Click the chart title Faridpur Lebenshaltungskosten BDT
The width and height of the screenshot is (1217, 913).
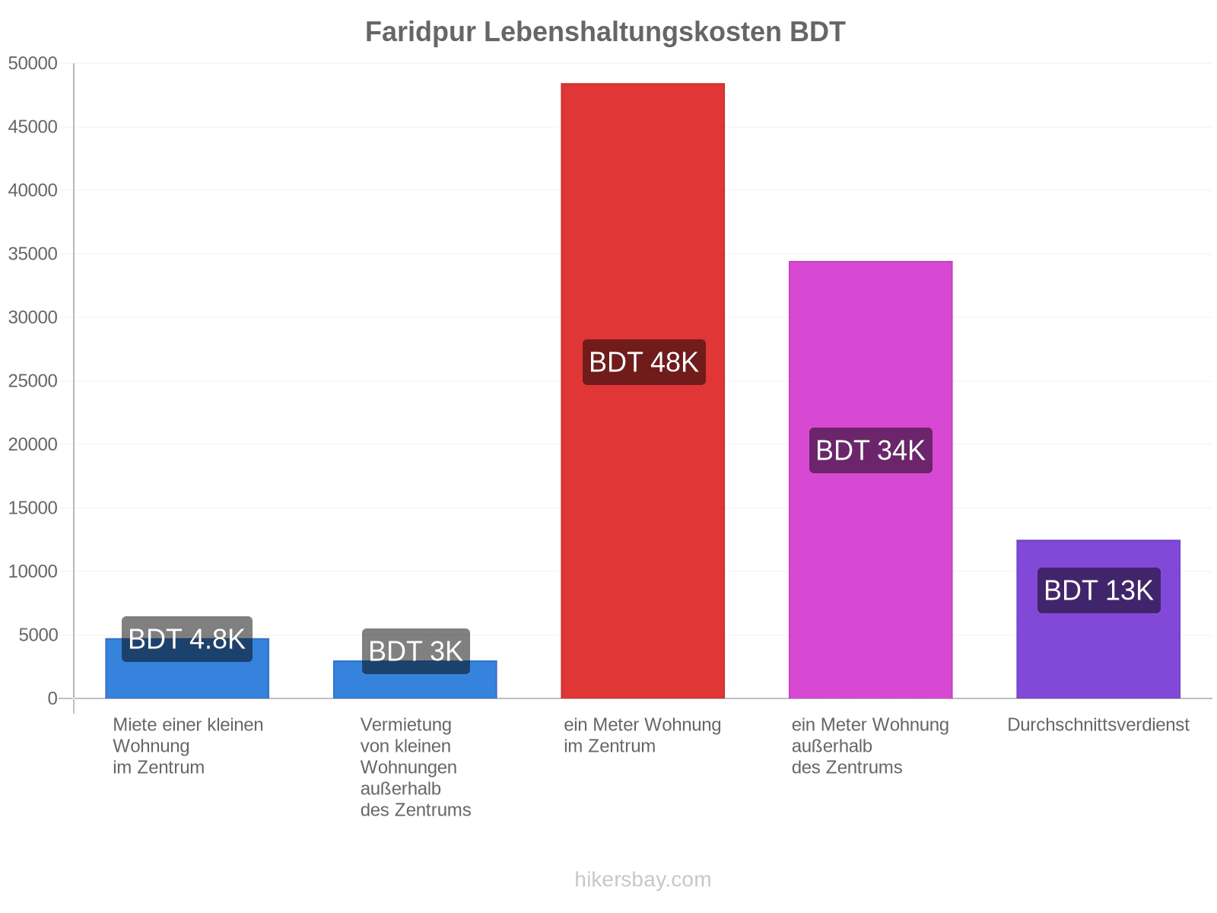click(x=605, y=32)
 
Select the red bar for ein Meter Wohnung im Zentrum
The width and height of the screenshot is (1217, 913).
click(x=643, y=390)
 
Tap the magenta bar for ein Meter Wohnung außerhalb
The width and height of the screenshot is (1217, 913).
click(x=870, y=479)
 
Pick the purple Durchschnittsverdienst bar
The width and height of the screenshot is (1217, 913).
click(x=1098, y=619)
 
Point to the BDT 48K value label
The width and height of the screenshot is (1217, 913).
click(x=643, y=362)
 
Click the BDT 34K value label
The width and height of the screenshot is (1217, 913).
click(x=870, y=450)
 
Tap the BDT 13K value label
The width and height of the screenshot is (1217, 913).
click(x=1099, y=590)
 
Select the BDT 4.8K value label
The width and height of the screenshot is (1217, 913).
click(x=187, y=639)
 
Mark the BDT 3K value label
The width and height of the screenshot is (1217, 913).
click(x=416, y=651)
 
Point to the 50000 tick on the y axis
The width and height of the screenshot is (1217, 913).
click(x=33, y=63)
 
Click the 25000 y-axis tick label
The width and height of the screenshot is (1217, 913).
click(x=33, y=381)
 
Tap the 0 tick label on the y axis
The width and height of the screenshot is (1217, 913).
click(x=52, y=698)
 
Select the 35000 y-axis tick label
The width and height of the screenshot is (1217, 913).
click(x=33, y=254)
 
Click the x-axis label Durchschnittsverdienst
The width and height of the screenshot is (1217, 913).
click(x=1098, y=724)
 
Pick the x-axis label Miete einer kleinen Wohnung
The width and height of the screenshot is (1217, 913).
click(x=188, y=746)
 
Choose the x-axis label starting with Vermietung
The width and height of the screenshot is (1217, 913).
click(x=415, y=767)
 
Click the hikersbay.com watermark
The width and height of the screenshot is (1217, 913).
click(x=643, y=880)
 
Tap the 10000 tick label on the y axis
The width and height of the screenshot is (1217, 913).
click(x=33, y=571)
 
